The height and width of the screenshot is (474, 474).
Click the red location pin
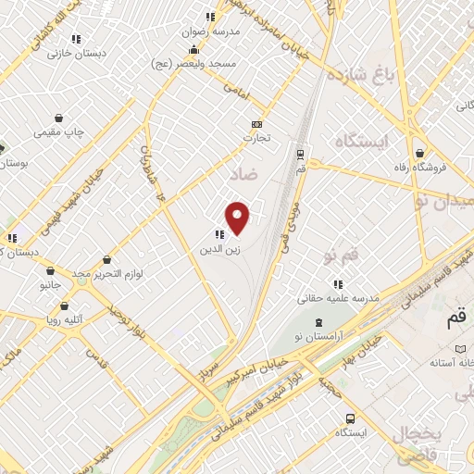[239, 217]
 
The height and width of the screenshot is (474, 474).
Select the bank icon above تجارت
[256, 124]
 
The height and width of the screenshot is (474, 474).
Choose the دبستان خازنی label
[79, 54]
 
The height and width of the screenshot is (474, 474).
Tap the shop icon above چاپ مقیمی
[60, 118]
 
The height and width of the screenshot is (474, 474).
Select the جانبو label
[49, 286]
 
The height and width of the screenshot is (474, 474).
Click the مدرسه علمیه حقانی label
[340, 299]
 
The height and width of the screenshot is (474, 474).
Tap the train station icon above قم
[301, 156]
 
